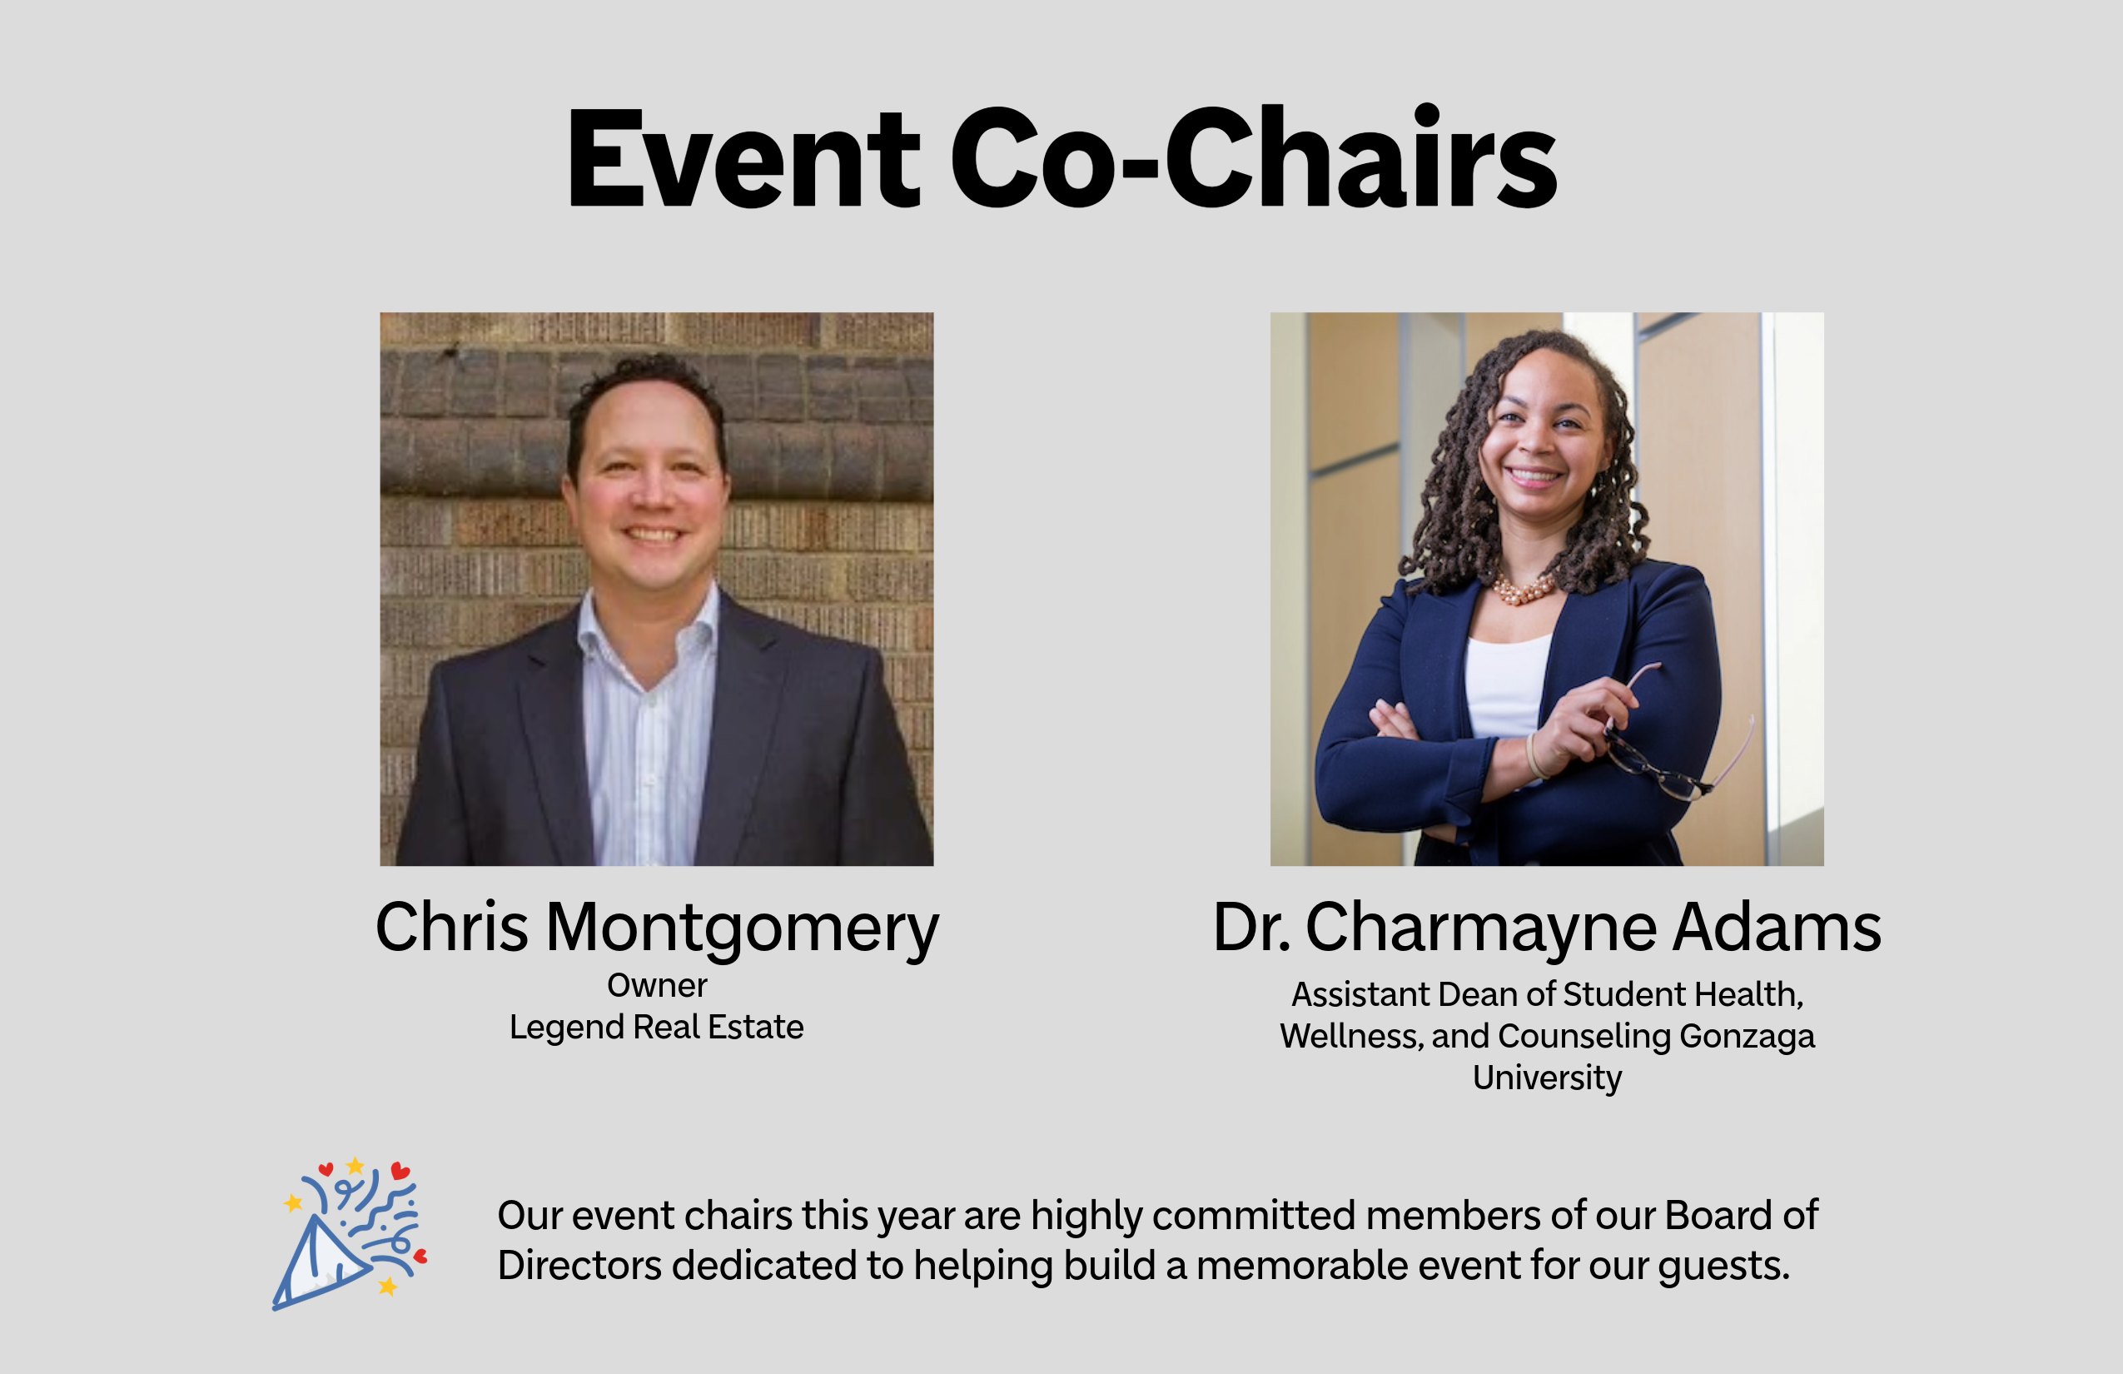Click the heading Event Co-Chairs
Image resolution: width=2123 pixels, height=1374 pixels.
click(1061, 159)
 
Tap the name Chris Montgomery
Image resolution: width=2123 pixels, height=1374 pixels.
click(658, 928)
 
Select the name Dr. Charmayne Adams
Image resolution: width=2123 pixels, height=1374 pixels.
click(1547, 928)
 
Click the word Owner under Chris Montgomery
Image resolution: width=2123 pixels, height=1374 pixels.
click(658, 986)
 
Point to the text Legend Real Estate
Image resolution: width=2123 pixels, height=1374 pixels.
click(657, 1027)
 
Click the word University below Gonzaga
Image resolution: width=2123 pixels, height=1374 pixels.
click(1547, 1078)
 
